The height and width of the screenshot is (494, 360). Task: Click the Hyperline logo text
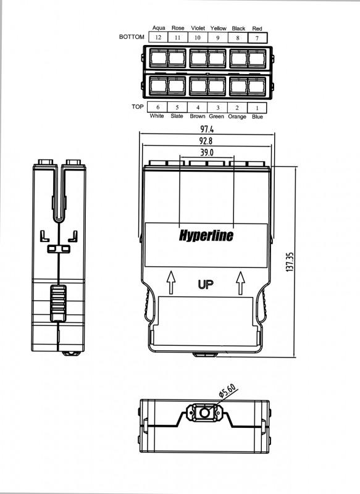click(x=206, y=235)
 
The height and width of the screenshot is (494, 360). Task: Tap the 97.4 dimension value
click(x=207, y=129)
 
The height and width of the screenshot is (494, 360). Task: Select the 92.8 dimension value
click(x=206, y=141)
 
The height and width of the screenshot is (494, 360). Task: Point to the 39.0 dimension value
click(x=207, y=153)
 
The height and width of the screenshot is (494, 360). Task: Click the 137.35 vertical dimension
click(x=290, y=261)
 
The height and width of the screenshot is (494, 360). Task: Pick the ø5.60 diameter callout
click(x=227, y=390)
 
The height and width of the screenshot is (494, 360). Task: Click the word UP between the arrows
click(x=206, y=285)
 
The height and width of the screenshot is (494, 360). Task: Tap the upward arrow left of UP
click(x=171, y=282)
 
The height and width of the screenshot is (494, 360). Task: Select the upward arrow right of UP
click(x=240, y=283)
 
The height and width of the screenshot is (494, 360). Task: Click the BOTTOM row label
click(x=132, y=37)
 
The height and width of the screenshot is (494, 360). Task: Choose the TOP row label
click(x=138, y=106)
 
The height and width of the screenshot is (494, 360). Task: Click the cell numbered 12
click(x=158, y=38)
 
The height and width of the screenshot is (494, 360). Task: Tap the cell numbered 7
click(x=257, y=38)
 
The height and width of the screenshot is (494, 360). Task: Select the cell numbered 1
click(x=257, y=107)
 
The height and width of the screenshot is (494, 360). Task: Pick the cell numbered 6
click(x=157, y=107)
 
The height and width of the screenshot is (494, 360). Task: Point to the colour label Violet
click(x=198, y=28)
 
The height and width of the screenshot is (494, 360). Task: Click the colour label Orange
click(x=237, y=117)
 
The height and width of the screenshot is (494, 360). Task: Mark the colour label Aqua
click(x=159, y=28)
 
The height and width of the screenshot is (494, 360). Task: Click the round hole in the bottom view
click(x=204, y=412)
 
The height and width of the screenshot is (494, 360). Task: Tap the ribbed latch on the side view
click(x=58, y=303)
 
